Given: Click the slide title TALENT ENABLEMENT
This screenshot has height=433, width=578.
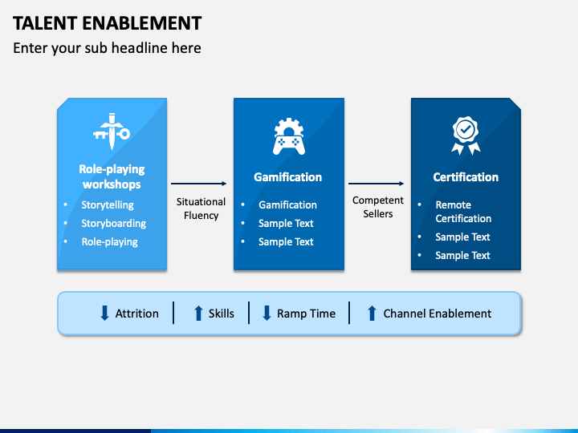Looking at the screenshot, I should pyautogui.click(x=108, y=22).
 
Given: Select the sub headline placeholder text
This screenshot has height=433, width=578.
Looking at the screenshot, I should pyautogui.click(x=107, y=48).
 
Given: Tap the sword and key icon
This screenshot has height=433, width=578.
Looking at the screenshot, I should pyautogui.click(x=111, y=131).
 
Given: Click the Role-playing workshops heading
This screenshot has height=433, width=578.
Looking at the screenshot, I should pyautogui.click(x=111, y=176).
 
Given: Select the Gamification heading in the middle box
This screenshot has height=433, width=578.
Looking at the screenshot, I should pyautogui.click(x=287, y=177).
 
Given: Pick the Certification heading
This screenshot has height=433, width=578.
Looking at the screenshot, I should pyautogui.click(x=466, y=177).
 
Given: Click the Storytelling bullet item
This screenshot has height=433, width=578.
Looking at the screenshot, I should pyautogui.click(x=108, y=204).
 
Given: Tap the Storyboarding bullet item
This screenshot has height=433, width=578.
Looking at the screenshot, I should pyautogui.click(x=113, y=223).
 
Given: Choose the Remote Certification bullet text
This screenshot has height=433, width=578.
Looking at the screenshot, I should pyautogui.click(x=463, y=212).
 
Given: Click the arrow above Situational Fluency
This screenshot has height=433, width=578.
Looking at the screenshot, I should pyautogui.click(x=199, y=184).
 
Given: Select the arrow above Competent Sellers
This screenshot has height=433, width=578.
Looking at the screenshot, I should pyautogui.click(x=377, y=184).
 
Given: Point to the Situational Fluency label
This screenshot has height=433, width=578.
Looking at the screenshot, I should pyautogui.click(x=201, y=208).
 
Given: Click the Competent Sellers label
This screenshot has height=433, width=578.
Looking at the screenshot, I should pyautogui.click(x=377, y=207).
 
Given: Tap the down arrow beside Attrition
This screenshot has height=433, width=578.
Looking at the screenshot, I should pyautogui.click(x=104, y=314).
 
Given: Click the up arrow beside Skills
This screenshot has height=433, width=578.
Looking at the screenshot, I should pyautogui.click(x=198, y=314).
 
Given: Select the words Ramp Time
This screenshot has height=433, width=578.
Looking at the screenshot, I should pyautogui.click(x=306, y=314).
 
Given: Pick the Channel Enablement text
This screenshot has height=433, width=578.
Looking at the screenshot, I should pyautogui.click(x=437, y=314).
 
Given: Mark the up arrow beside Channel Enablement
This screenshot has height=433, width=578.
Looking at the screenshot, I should pyautogui.click(x=371, y=314).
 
